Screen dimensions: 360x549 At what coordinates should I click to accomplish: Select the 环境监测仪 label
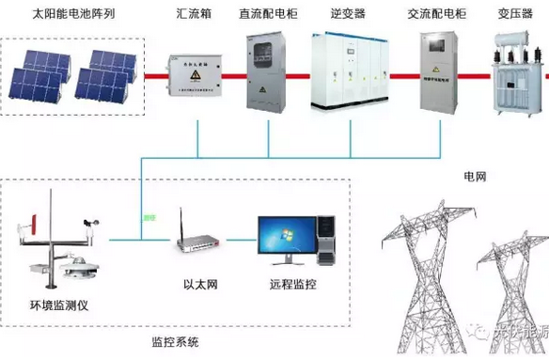click(58, 305)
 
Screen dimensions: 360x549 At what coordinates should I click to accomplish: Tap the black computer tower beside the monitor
click(325, 239)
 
